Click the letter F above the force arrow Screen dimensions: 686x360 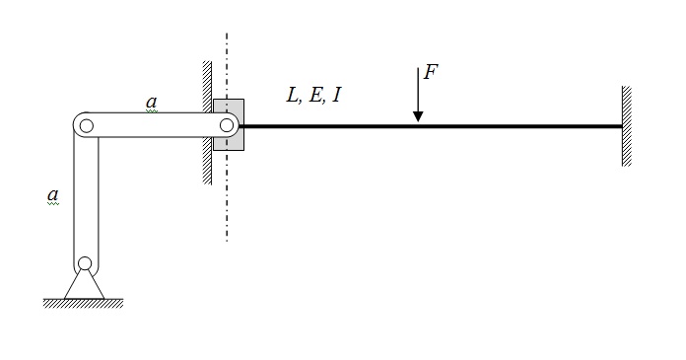coord(431,72)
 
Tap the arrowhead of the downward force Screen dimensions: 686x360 coord(418,116)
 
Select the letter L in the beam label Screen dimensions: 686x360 coord(293,95)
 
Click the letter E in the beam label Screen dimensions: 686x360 coord(315,95)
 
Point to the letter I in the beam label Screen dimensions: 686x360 coord(336,95)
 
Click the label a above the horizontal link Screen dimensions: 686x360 coord(152,102)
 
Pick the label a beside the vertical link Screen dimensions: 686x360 coord(53,194)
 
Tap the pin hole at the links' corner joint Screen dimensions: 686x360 coord(87,125)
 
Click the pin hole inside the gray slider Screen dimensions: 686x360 coord(227,125)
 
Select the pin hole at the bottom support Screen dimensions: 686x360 coord(85,263)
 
